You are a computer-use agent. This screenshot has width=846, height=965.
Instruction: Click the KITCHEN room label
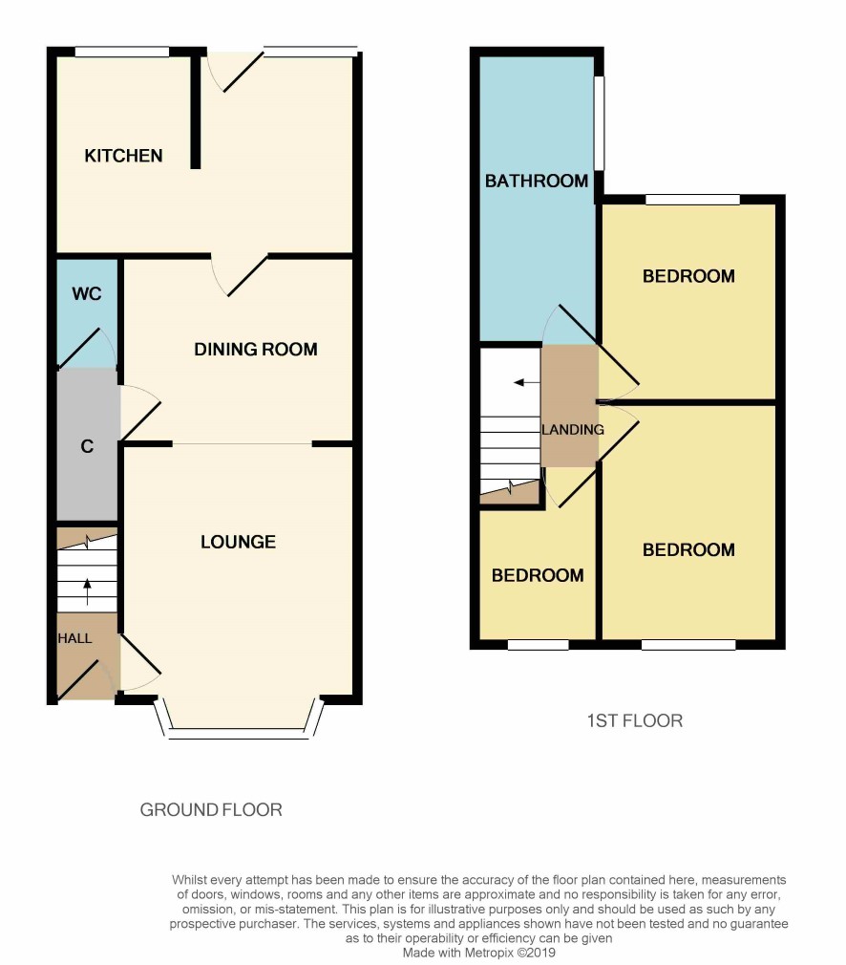(123, 156)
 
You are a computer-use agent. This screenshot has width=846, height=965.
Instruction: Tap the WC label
(87, 293)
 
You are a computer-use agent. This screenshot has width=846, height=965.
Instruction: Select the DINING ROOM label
(256, 349)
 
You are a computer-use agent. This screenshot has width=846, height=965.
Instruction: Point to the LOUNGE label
(238, 542)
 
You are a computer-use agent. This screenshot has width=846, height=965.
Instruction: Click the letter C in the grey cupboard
(87, 446)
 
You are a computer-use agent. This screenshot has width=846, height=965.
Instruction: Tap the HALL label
(74, 638)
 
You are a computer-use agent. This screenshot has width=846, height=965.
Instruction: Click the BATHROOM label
(537, 181)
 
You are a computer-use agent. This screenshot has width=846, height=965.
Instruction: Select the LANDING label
(572, 430)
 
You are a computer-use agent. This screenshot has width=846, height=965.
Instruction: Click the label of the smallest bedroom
(538, 575)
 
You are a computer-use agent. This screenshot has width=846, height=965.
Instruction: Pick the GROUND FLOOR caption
(211, 809)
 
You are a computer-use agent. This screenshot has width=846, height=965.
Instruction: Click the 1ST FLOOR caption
(634, 720)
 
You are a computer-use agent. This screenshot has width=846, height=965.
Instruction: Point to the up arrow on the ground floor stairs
(87, 592)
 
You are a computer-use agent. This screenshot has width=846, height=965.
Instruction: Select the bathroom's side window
(599, 122)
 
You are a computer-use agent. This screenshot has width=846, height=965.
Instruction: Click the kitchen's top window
(122, 53)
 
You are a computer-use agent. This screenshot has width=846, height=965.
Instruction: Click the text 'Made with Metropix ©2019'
(478, 953)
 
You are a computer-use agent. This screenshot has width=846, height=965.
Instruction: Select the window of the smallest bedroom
(538, 644)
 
